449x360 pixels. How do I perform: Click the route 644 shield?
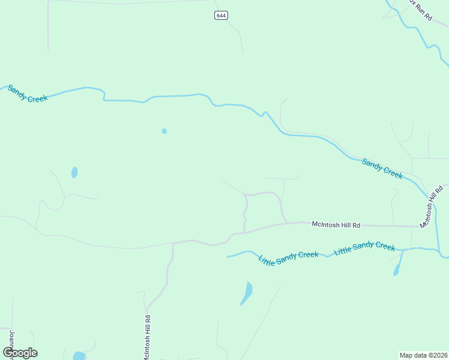tap(221, 15)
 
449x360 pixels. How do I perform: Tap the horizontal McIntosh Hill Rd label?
tap(336, 225)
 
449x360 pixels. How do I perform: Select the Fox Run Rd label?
tap(421, 10)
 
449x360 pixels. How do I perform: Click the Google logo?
tap(20, 353)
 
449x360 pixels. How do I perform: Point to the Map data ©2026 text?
tap(424, 355)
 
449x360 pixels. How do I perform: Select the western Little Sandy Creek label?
tap(288, 259)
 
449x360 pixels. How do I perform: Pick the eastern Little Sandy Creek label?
tap(364, 248)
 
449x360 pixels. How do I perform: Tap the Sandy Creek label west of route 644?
tap(28, 94)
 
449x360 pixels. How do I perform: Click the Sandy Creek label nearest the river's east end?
tap(382, 168)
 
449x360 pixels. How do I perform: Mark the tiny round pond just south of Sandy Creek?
tap(164, 131)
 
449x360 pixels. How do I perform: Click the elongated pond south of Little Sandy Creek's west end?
tap(247, 293)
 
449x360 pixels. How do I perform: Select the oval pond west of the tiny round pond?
tap(74, 173)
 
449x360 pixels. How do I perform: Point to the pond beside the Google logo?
tap(79, 356)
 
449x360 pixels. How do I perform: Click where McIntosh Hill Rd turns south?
tap(173, 244)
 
